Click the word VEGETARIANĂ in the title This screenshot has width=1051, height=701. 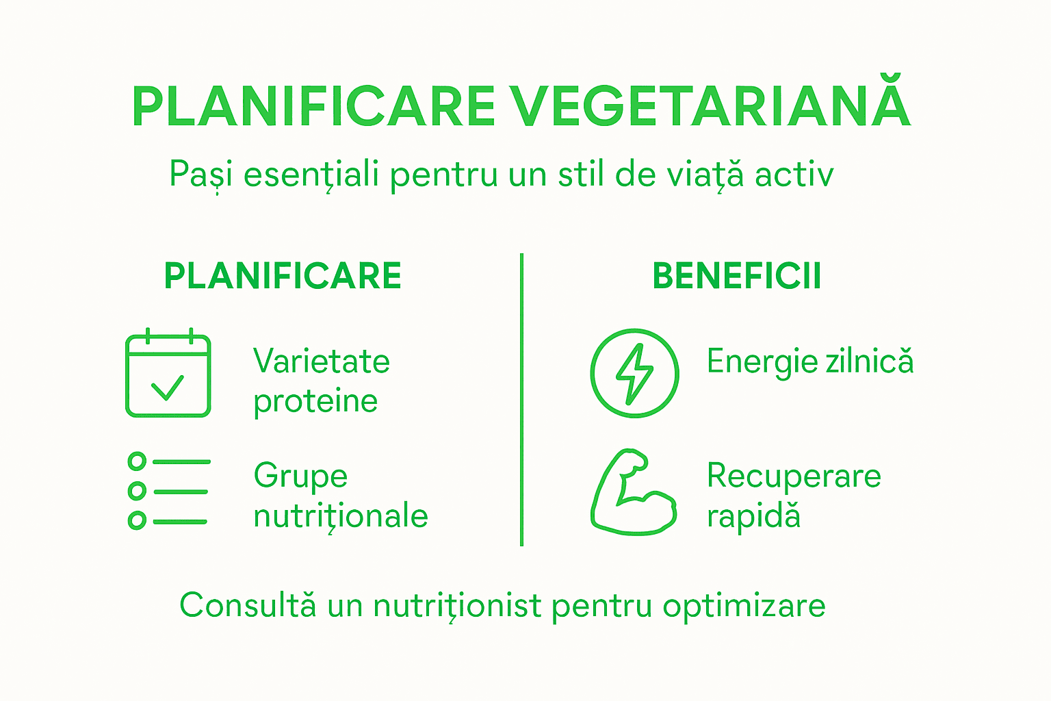(712, 106)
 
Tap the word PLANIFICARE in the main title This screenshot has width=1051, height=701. (314, 107)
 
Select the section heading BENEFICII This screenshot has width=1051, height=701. (736, 277)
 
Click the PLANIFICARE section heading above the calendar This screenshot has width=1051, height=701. (283, 277)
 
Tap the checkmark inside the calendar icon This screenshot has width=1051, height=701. (168, 387)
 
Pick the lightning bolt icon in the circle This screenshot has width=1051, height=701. (635, 374)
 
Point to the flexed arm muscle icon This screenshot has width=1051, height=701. (634, 492)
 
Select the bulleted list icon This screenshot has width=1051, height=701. (168, 491)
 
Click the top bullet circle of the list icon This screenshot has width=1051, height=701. (137, 461)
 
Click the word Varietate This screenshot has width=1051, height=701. (322, 361)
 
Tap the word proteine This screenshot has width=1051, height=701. (315, 402)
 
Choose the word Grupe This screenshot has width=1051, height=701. (300, 476)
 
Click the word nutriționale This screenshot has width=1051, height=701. (341, 516)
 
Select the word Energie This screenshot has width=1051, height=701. (762, 362)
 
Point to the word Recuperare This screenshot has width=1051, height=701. (794, 476)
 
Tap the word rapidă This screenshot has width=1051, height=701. (753, 516)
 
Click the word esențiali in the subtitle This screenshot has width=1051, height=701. (311, 175)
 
